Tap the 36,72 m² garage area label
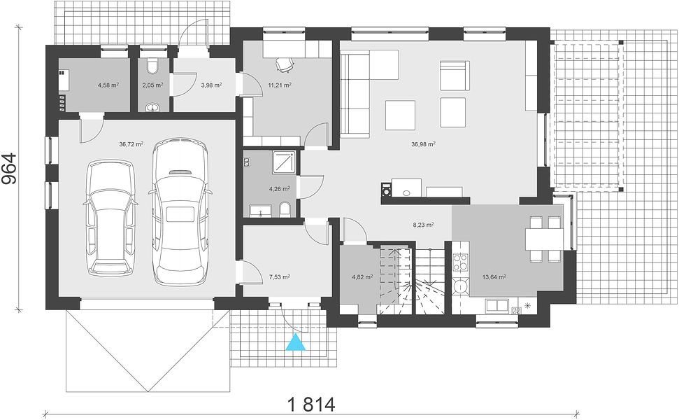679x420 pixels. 131,144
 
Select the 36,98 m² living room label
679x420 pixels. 423,144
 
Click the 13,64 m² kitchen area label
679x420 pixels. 494,276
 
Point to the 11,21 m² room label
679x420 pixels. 279,85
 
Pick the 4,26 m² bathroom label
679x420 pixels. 279,189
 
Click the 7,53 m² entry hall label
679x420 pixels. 279,276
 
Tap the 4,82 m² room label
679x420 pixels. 362,276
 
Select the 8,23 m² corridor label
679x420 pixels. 423,225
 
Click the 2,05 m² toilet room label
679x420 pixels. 152,85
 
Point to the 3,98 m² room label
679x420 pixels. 211,85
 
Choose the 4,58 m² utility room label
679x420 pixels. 108,85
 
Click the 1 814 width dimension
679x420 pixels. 311,405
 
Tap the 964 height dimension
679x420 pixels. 10,169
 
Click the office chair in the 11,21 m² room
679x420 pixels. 284,64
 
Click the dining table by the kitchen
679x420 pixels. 544,239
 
